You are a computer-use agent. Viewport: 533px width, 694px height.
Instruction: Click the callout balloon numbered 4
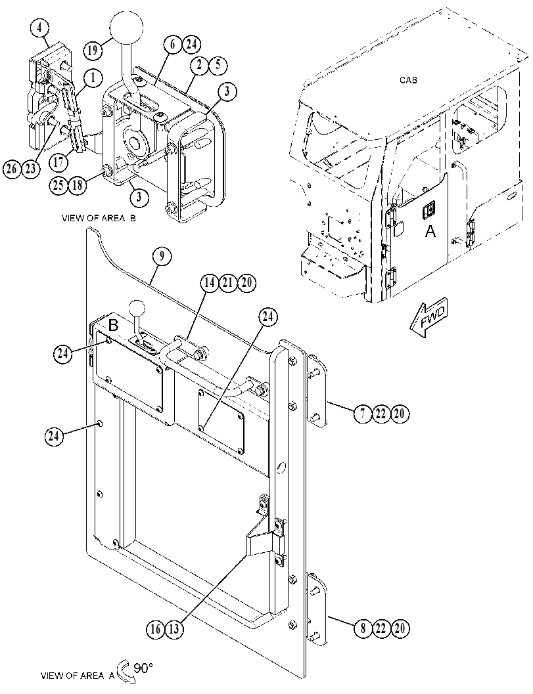[x=40, y=28]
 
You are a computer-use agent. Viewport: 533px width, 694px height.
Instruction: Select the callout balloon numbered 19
[x=92, y=50]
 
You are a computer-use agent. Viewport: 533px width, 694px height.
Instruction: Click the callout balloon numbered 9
[x=162, y=256]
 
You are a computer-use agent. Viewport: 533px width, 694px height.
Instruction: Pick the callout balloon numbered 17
[x=58, y=162]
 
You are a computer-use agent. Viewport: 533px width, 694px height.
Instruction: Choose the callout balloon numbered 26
[x=12, y=169]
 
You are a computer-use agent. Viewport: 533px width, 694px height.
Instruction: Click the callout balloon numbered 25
[x=58, y=185]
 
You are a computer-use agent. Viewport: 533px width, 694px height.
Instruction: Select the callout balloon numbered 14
[x=212, y=283]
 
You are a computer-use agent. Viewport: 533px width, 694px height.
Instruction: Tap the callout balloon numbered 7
[x=363, y=414]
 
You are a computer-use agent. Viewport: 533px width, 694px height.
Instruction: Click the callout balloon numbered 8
[x=363, y=628]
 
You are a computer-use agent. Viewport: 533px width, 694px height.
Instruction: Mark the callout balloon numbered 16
[x=156, y=629]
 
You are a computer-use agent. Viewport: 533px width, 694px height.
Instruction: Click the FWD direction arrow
[x=428, y=320]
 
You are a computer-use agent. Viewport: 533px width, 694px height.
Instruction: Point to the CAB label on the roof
[x=408, y=80]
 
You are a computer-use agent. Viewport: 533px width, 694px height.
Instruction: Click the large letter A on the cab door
[x=430, y=230]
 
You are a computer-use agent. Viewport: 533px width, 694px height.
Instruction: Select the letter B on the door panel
[x=114, y=325]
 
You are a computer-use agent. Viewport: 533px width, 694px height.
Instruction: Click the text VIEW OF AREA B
[x=99, y=218]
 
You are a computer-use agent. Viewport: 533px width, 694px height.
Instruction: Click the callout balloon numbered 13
[x=174, y=629]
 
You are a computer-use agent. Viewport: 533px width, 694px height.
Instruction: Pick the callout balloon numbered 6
[x=172, y=44]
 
